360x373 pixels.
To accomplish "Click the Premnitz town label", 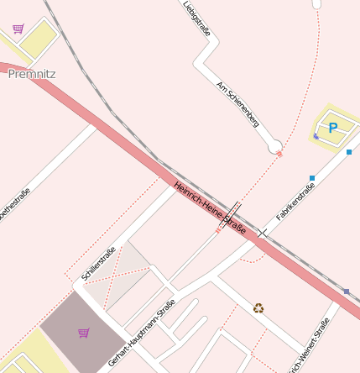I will tap(31, 74).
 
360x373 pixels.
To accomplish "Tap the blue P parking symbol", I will tap(332, 129).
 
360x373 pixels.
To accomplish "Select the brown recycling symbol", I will tap(258, 307).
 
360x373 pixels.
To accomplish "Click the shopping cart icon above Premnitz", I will tap(18, 29).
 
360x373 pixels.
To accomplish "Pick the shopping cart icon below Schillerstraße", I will tap(83, 333).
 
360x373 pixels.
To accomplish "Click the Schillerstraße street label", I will tap(98, 263).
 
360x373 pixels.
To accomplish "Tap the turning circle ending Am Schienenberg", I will tap(274, 148).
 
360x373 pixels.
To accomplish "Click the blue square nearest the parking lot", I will tap(349, 152).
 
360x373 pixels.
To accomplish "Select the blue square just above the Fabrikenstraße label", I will tap(312, 178).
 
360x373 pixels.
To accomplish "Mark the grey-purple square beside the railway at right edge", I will tap(346, 292).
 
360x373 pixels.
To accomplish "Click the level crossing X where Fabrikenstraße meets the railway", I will tap(263, 231).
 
